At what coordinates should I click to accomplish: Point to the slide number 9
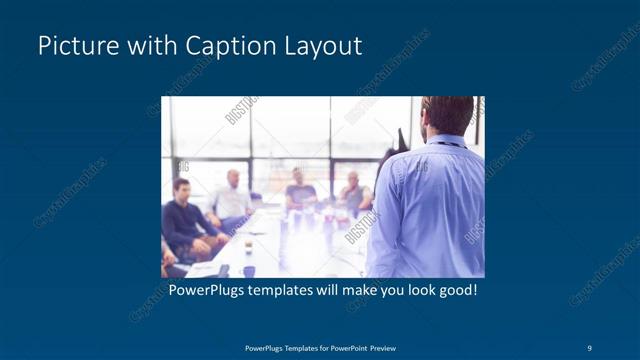590,347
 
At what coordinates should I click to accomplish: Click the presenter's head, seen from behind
447,114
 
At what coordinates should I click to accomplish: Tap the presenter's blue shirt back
430,210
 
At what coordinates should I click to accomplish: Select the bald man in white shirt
232,196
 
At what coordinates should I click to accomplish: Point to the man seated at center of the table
300,189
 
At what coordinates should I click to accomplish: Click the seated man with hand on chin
352,194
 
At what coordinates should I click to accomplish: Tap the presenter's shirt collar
446,140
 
